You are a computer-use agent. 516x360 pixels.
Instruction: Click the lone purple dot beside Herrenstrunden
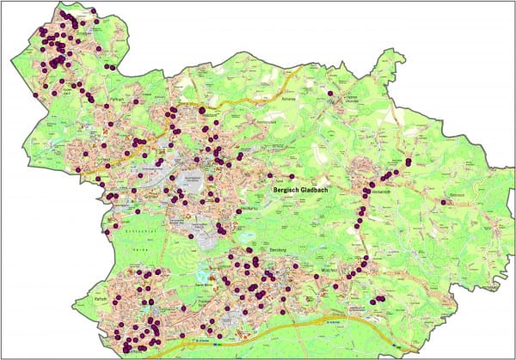pyautogui.click(x=329, y=92)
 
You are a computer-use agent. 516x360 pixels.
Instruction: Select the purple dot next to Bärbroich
pyautogui.click(x=442, y=202)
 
